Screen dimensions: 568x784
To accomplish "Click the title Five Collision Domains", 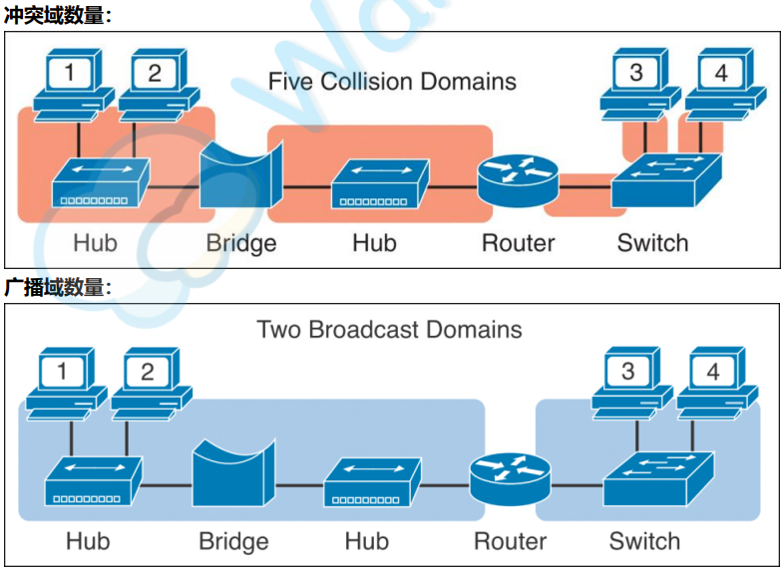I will [x=392, y=81].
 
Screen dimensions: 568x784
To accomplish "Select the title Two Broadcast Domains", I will [x=389, y=329].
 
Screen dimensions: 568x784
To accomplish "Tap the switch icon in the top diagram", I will [x=665, y=179].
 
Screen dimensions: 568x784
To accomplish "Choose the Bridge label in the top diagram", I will [x=241, y=243].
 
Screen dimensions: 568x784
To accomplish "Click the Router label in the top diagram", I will [x=518, y=243].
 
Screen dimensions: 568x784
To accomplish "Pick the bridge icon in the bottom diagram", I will [x=233, y=480].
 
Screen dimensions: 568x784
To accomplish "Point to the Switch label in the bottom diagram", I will [x=644, y=542].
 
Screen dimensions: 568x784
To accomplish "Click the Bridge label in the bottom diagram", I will [x=233, y=542].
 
